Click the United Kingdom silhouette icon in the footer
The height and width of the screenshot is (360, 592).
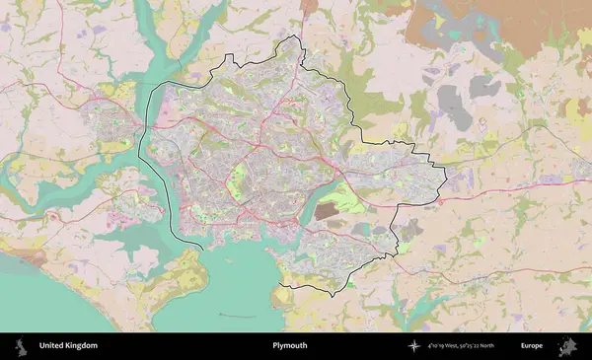19,346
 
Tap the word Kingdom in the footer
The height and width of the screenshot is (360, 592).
82,346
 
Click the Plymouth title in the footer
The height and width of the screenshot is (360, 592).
290,346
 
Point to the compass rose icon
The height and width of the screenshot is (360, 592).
414,346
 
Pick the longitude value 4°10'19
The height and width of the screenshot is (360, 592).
441,346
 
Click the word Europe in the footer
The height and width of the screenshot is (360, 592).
532,346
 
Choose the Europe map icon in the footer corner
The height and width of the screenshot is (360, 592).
567,346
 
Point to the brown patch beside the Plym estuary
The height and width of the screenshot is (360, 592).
325,211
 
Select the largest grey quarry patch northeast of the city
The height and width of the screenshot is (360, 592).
452,98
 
